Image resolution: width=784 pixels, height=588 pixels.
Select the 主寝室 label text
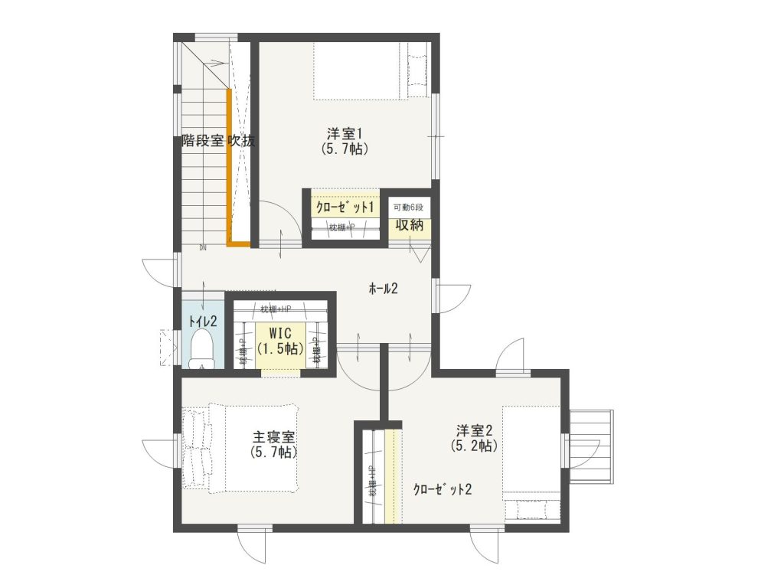click(x=273, y=437)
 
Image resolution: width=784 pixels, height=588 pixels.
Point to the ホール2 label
click(x=384, y=289)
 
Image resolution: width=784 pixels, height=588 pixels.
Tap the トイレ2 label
click(x=203, y=322)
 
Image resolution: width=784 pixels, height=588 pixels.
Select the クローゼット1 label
click(x=345, y=207)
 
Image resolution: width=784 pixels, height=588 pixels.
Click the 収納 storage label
click(x=408, y=225)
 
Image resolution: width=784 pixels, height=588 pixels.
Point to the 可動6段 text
click(x=408, y=208)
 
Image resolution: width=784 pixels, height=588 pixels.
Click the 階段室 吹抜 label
click(x=218, y=141)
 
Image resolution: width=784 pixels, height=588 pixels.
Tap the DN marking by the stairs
click(x=203, y=247)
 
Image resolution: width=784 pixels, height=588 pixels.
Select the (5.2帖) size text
click(x=475, y=445)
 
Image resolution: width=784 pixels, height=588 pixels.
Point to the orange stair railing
click(x=230, y=168)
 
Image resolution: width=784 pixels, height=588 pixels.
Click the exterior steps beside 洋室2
click(x=594, y=447)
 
